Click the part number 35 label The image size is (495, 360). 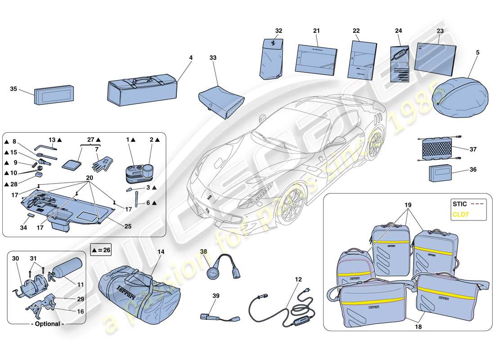[13, 89]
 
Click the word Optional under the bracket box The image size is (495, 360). [47, 324]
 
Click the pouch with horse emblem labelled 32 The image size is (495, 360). [273, 58]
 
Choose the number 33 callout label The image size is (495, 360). [212, 58]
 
